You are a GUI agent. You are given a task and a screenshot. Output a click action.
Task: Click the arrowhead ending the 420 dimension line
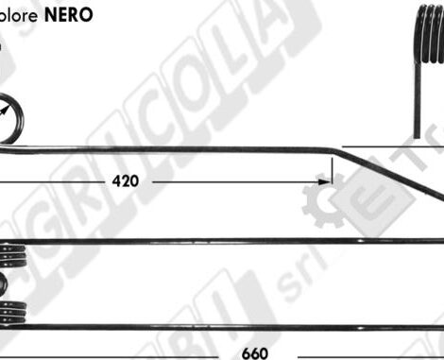click(327, 179)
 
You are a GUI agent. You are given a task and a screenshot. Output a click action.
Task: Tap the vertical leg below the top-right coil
click(417, 113)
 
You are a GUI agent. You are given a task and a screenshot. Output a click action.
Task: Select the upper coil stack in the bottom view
click(11, 255)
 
